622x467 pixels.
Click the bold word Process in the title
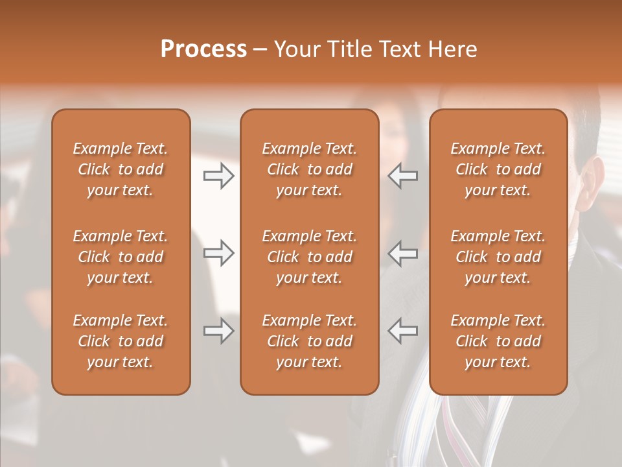pyautogui.click(x=203, y=49)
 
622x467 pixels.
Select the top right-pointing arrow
pyautogui.click(x=218, y=176)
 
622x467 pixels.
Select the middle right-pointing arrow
pyautogui.click(x=218, y=253)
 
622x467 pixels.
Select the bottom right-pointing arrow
pyautogui.click(x=218, y=331)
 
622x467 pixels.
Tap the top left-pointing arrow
pyautogui.click(x=403, y=176)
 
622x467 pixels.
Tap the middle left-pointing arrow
pyautogui.click(x=403, y=253)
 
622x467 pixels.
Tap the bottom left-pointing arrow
pyautogui.click(x=403, y=331)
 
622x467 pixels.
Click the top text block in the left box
pyautogui.click(x=121, y=169)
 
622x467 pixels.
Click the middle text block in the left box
pyautogui.click(x=121, y=257)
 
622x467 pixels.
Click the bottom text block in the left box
pyautogui.click(x=121, y=341)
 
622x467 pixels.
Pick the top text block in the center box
pyautogui.click(x=309, y=169)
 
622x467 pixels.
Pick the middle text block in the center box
pyautogui.click(x=309, y=257)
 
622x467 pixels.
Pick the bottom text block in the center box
pyautogui.click(x=309, y=341)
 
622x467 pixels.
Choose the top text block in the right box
pyautogui.click(x=498, y=169)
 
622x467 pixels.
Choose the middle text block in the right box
pyautogui.click(x=498, y=257)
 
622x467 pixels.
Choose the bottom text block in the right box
pyautogui.click(x=498, y=341)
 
